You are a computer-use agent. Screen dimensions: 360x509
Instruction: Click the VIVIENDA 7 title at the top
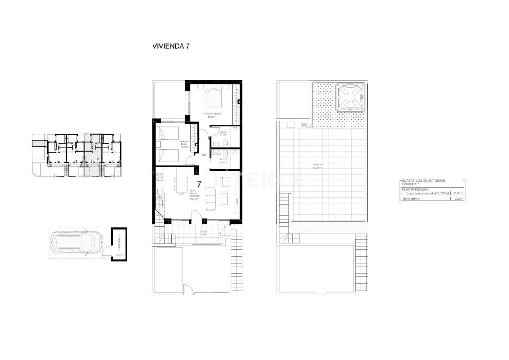[171, 46]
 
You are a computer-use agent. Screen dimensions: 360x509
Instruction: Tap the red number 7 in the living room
[199, 185]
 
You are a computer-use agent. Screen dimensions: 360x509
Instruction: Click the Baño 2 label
[223, 160]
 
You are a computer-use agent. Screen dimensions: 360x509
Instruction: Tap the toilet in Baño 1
[225, 143]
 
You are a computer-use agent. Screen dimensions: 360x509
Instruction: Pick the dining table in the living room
[181, 185]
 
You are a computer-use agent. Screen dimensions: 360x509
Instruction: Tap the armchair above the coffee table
[225, 182]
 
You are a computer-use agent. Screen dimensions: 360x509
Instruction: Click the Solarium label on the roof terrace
[317, 166]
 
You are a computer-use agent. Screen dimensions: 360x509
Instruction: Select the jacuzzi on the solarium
[350, 97]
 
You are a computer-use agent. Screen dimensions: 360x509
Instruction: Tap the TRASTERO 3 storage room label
[118, 241]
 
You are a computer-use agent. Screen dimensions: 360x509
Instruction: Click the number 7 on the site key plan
[98, 159]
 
